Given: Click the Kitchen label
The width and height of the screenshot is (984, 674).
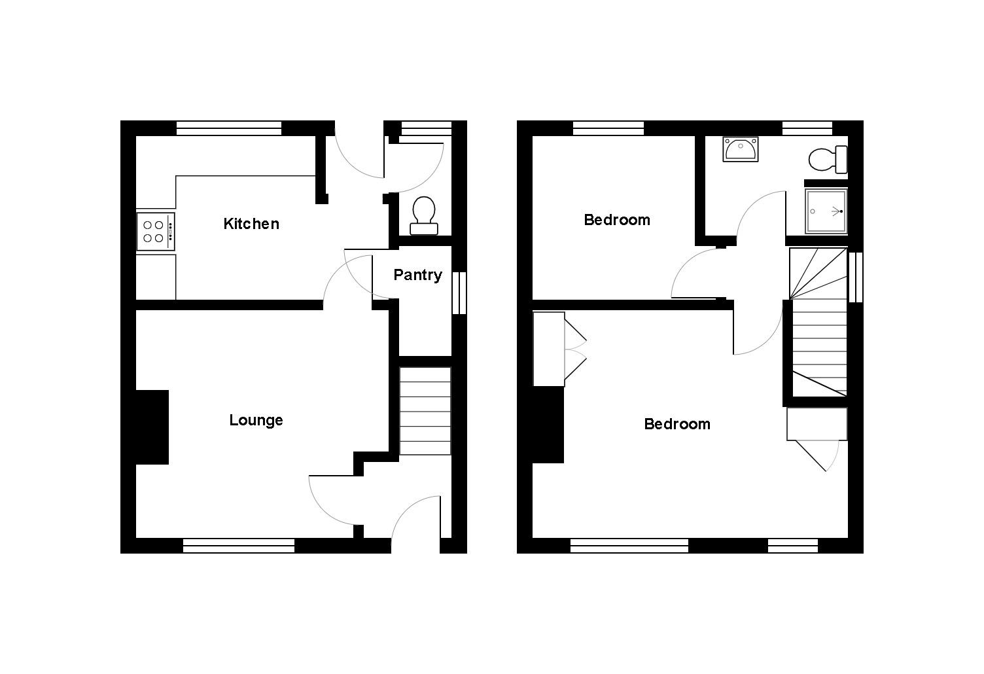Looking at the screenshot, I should (251, 224).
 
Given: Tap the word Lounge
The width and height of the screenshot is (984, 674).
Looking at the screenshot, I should (256, 420).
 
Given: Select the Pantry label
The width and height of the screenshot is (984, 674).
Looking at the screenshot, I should (417, 275).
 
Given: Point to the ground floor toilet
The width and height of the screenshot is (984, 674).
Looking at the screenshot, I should (424, 215).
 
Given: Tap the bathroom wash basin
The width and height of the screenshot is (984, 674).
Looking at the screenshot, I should (741, 149).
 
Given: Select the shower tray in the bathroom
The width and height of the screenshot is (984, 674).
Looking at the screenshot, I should (826, 211).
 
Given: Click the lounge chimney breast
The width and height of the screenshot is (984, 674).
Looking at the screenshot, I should (152, 427).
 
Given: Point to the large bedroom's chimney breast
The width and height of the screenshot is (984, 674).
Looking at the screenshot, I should (548, 425).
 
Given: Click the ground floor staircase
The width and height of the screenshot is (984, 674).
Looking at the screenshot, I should (425, 411).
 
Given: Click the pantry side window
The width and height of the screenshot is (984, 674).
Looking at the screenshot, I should (459, 293).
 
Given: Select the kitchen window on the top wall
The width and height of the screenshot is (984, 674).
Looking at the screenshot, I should (229, 128).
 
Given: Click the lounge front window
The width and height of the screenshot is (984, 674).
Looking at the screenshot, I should (239, 545).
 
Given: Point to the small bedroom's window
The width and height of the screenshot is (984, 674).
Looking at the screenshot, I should (608, 128).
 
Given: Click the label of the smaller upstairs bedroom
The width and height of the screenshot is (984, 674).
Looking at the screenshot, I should (617, 220).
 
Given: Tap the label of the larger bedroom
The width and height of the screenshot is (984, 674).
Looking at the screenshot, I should (677, 424).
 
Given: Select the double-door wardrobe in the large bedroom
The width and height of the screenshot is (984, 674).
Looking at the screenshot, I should (550, 349).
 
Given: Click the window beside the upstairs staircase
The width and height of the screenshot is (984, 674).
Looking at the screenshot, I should (856, 276).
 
